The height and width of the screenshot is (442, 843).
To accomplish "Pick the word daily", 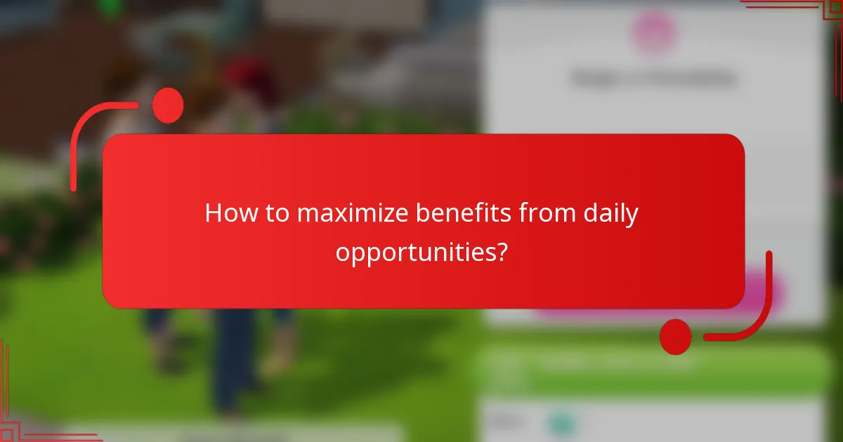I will [610, 213].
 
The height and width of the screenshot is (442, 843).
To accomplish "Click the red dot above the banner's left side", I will [168, 106].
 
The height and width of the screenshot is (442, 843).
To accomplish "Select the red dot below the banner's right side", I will [676, 337].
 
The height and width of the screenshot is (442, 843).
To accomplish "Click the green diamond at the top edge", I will [108, 7].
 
